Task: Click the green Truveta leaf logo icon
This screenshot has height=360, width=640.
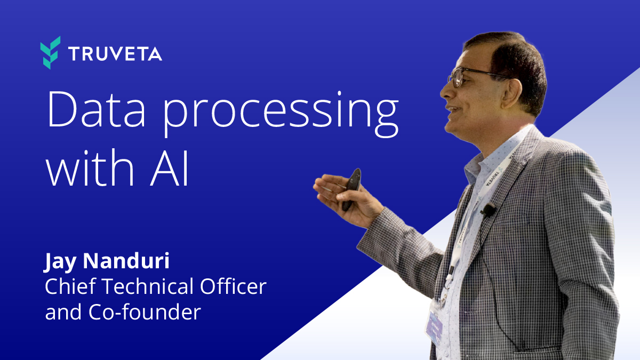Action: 50,53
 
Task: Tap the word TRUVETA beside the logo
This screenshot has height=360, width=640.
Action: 115,54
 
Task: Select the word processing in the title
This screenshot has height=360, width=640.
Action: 281,114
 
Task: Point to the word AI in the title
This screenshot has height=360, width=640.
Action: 170,168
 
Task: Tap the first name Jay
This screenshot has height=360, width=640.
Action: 60,262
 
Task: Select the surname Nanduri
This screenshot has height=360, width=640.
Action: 126,261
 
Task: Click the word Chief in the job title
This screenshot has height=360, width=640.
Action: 70,286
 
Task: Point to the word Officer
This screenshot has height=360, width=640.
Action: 233,286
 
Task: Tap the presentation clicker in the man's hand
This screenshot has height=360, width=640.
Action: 351,189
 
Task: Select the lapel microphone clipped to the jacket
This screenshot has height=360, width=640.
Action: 488,210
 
